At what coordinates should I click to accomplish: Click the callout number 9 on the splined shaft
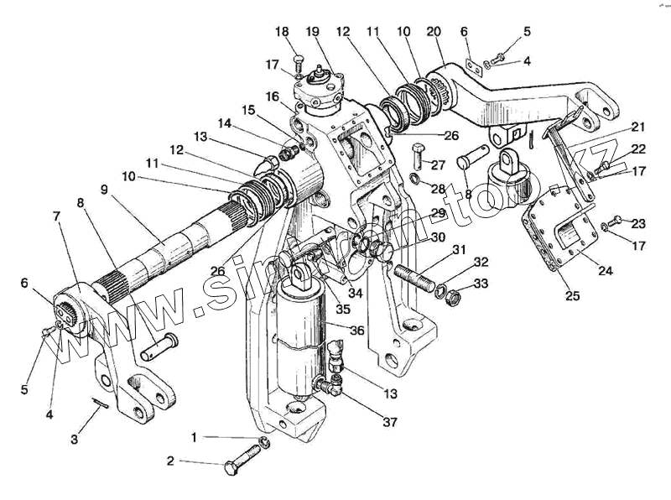click(104, 190)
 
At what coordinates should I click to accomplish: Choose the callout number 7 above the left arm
click(56, 216)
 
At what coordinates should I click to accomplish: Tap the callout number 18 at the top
click(283, 31)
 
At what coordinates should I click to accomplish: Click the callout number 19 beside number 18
click(313, 31)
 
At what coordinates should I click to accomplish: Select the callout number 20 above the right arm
click(434, 31)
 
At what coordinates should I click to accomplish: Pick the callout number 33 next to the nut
click(480, 284)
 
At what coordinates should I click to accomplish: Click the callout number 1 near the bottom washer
click(195, 437)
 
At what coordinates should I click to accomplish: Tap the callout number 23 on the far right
click(640, 223)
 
